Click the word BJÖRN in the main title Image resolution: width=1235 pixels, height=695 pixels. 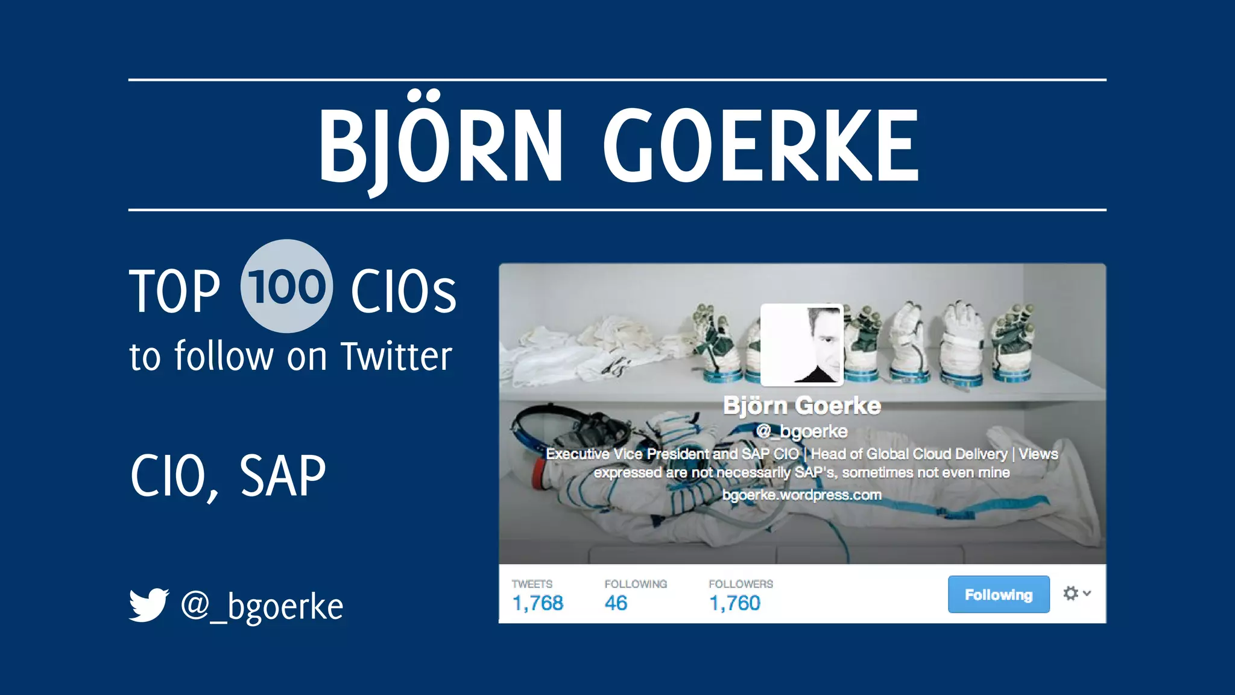pyautogui.click(x=441, y=145)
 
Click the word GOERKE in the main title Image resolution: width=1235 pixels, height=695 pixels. pyautogui.click(x=761, y=145)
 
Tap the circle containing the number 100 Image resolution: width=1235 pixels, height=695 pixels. pyautogui.click(x=286, y=286)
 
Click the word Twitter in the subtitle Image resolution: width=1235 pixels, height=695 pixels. pyautogui.click(x=396, y=356)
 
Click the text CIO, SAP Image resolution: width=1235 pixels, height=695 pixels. pyautogui.click(x=228, y=477)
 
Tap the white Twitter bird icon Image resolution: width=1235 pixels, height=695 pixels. pyautogui.click(x=149, y=605)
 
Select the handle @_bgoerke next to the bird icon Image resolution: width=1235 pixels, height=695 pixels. pyautogui.click(x=262, y=606)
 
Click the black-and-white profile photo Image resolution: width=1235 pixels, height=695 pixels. pyautogui.click(x=801, y=344)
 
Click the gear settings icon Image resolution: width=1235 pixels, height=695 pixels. pyautogui.click(x=1071, y=594)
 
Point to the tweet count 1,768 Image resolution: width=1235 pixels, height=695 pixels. pyautogui.click(x=537, y=603)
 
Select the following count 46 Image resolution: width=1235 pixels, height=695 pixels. pyautogui.click(x=616, y=603)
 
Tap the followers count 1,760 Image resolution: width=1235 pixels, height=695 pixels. pyautogui.click(x=734, y=603)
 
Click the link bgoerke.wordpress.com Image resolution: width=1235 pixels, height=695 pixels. pyautogui.click(x=801, y=495)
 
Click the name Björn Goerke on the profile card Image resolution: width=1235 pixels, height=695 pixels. pyautogui.click(x=801, y=406)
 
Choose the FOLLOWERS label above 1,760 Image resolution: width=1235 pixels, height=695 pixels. pyautogui.click(x=741, y=584)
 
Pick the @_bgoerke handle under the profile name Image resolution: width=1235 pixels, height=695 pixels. pyautogui.click(x=801, y=431)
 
